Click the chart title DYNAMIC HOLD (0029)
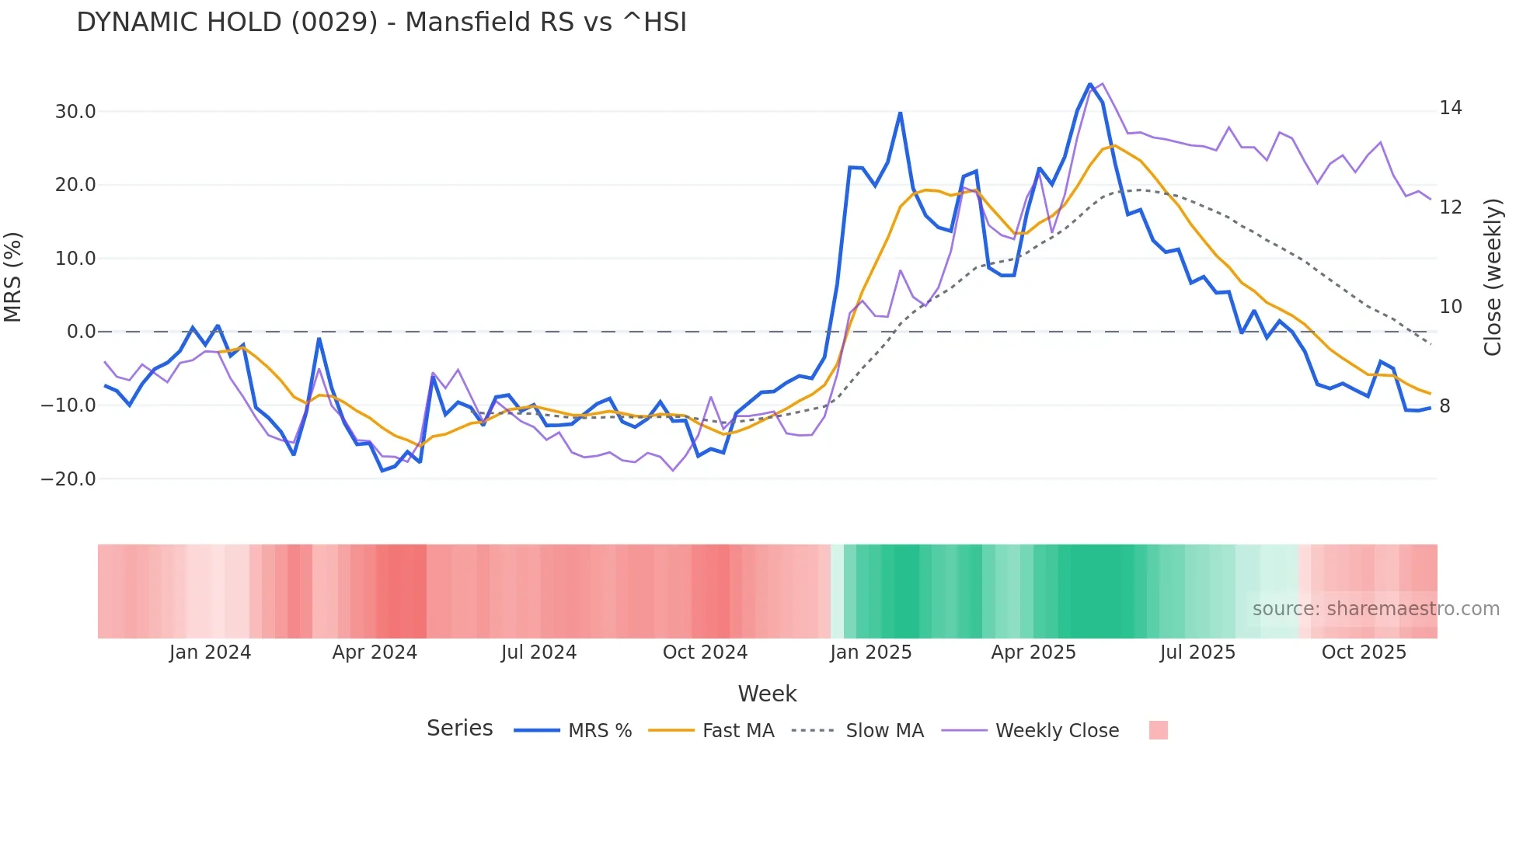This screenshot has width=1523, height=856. coord(381,23)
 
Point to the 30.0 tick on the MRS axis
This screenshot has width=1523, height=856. coord(75,112)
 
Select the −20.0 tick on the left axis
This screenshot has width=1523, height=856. coord(68,479)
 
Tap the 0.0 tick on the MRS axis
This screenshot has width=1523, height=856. coord(81,332)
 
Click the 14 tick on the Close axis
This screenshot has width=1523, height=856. coord(1450,108)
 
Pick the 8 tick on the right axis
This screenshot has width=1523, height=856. coord(1445,406)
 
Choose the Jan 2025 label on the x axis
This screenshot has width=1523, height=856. coord(870,652)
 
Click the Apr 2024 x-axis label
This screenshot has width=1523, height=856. coord(375,652)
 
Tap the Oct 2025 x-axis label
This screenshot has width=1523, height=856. coord(1364,652)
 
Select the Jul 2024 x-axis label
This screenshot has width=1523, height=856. coord(538,652)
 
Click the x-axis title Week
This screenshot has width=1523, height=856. coord(767,694)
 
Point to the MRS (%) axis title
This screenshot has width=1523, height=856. coord(13,277)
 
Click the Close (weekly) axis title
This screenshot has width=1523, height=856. coord(1493,277)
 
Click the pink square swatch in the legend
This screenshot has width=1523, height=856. coord(1158,730)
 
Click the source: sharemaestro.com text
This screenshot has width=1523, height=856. coord(1375,609)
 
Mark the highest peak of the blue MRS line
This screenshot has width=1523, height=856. coord(1090,85)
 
